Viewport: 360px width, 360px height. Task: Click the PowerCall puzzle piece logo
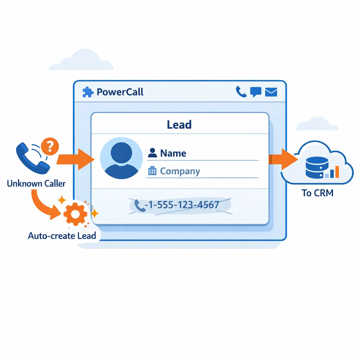(87, 92)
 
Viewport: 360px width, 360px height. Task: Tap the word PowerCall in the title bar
(120, 92)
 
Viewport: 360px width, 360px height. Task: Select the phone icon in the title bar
(241, 92)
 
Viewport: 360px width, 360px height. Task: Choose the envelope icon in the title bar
(271, 92)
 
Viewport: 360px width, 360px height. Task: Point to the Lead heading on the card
(179, 124)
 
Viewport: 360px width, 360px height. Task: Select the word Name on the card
(173, 153)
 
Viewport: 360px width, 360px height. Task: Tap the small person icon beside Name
(152, 153)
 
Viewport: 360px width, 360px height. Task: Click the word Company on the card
(180, 171)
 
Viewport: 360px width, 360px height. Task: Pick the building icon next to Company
(152, 171)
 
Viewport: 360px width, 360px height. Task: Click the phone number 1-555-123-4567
(184, 205)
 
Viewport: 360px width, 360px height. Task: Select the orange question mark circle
(50, 146)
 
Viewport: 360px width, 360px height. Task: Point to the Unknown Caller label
(36, 184)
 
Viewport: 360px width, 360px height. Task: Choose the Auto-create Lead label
(62, 235)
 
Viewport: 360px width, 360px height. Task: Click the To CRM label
(317, 193)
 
